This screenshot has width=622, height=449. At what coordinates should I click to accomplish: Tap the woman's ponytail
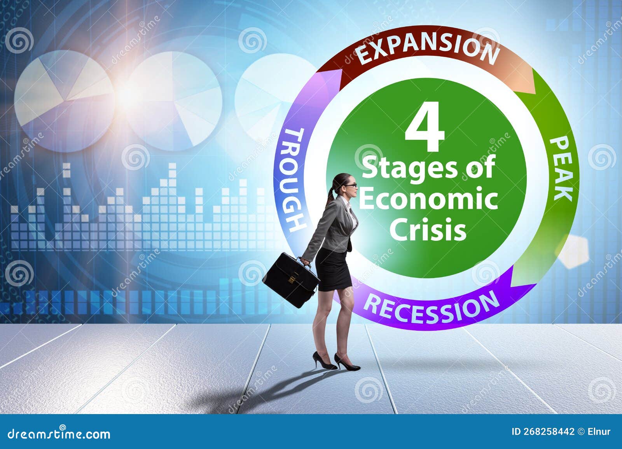coord(331,194)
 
